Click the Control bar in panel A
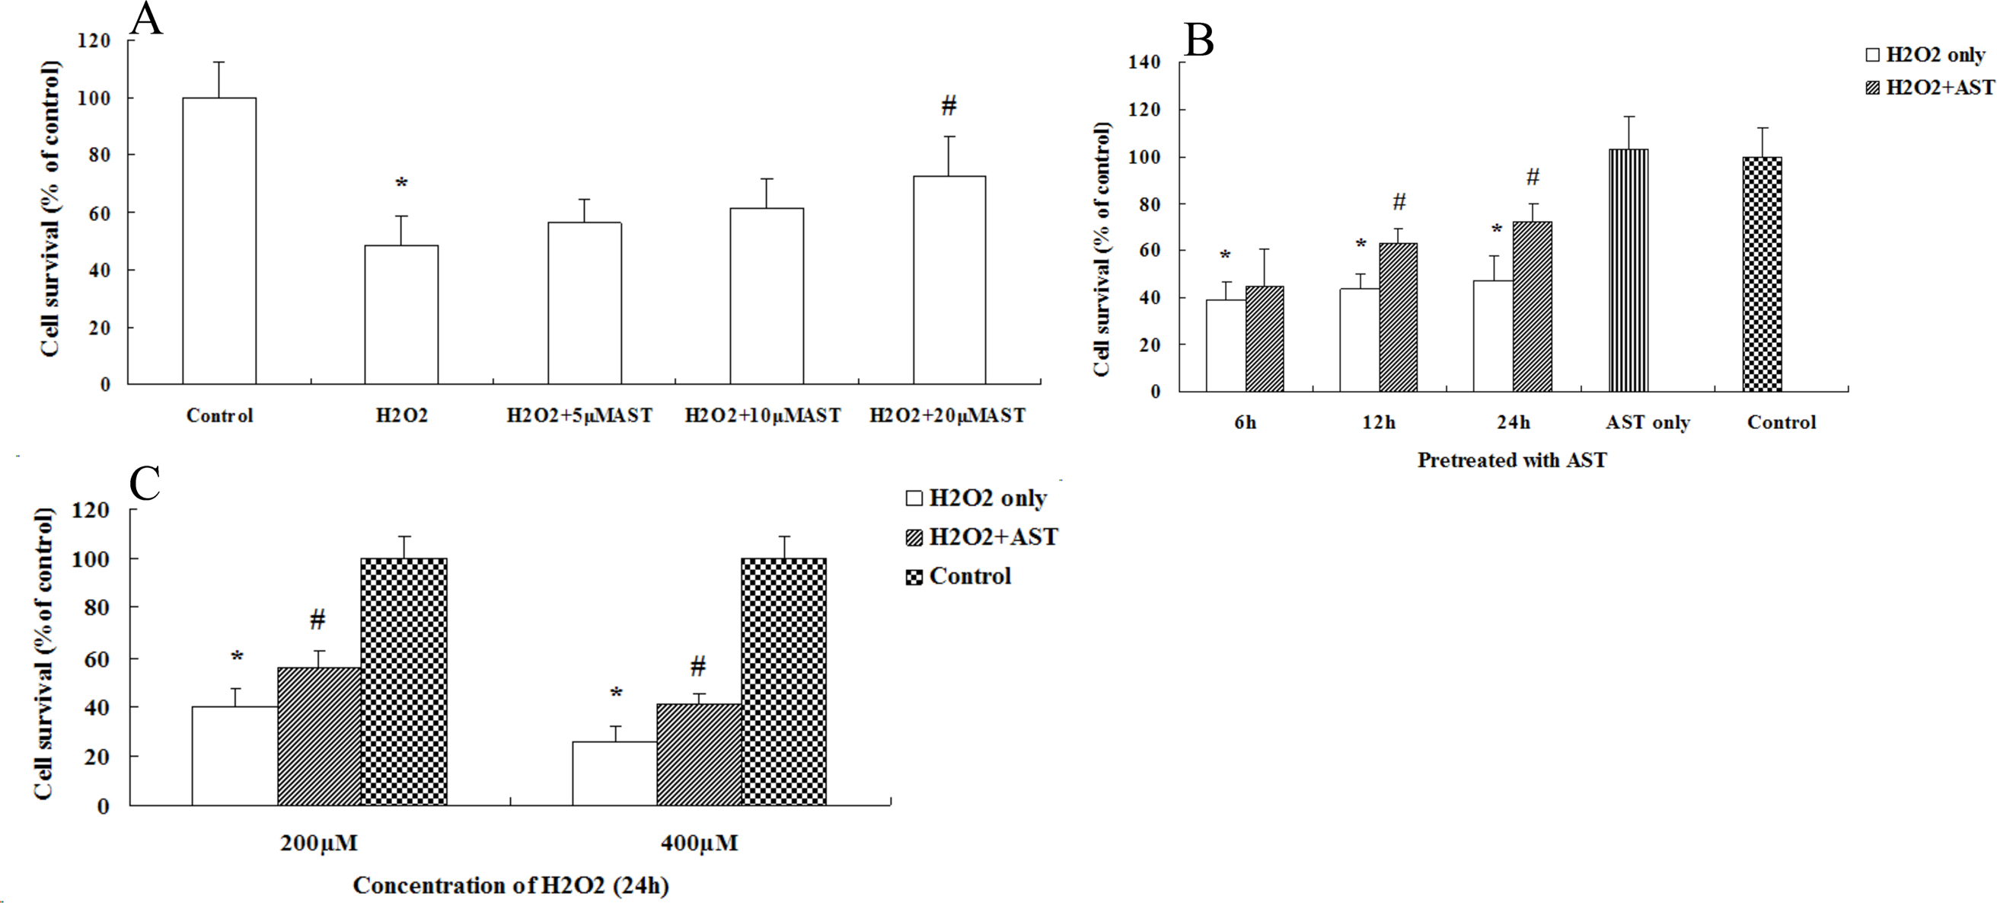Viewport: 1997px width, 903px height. pos(219,241)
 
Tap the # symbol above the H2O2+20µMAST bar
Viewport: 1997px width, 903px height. pos(949,105)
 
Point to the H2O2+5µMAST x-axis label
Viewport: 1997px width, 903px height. pos(579,416)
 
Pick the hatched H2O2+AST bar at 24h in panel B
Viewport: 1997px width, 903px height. pos(1532,306)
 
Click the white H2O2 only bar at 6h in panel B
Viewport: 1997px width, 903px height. pos(1226,345)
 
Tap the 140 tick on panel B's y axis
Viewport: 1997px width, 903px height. pos(1146,62)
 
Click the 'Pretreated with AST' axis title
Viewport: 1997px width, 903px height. pos(1512,460)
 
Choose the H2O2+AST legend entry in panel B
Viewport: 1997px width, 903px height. pos(1928,88)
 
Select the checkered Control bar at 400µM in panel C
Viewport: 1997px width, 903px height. pos(783,681)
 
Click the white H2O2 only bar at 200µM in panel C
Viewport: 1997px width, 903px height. pos(234,756)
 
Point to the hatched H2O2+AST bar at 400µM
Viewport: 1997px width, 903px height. pos(698,754)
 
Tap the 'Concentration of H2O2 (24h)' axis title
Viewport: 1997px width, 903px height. pos(510,885)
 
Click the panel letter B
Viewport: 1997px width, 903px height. pos(1198,42)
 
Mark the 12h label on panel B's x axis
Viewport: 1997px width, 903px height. pos(1378,423)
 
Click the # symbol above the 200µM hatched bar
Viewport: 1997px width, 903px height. pos(317,619)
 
